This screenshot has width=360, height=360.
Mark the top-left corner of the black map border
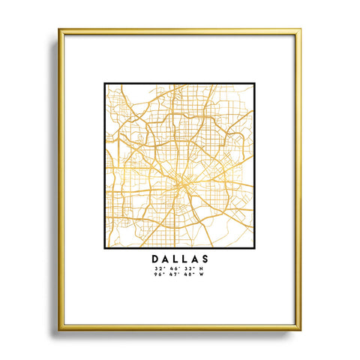pyautogui.click(x=104, y=82)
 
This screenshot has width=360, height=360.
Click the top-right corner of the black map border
pyautogui.click(x=255, y=82)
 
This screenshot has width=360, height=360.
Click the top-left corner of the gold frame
pyautogui.click(x=59, y=29)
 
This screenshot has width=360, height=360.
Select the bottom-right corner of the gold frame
pyautogui.click(x=301, y=331)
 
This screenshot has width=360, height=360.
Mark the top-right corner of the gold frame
pyautogui.click(x=301, y=29)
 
